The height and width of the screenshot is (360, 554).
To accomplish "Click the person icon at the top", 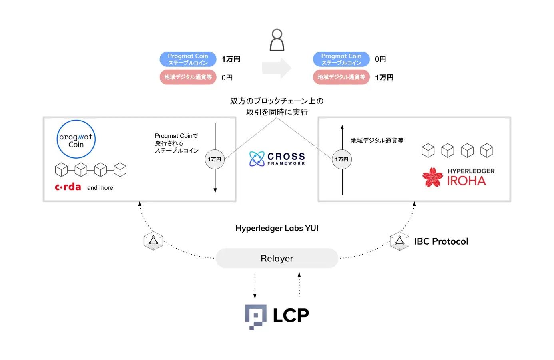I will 277,40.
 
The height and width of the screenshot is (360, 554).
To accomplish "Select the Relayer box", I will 277,258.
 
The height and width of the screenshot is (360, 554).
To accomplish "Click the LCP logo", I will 277,316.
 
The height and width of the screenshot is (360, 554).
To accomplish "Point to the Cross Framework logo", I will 277,159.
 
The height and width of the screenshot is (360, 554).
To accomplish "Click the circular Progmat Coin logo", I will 76,139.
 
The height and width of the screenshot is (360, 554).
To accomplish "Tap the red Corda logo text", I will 68,187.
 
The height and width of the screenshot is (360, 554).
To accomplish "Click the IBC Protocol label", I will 441,241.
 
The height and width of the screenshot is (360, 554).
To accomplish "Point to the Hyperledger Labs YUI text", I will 277,228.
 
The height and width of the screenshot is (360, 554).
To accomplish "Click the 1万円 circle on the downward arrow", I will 215,159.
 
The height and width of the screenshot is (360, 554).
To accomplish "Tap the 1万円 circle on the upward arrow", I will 342,159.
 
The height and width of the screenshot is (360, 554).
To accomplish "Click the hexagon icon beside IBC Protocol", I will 399,241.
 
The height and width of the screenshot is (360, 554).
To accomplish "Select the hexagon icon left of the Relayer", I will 153,241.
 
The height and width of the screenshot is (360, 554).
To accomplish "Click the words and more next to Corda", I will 100,188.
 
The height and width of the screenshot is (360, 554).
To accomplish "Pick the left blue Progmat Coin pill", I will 188,59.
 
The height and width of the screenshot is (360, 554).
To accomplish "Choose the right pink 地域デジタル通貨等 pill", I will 341,77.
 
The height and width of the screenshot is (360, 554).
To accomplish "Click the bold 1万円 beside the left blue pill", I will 231,59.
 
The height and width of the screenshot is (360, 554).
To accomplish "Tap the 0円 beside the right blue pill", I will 380,59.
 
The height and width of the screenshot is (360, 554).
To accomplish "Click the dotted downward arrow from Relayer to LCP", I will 255,286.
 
